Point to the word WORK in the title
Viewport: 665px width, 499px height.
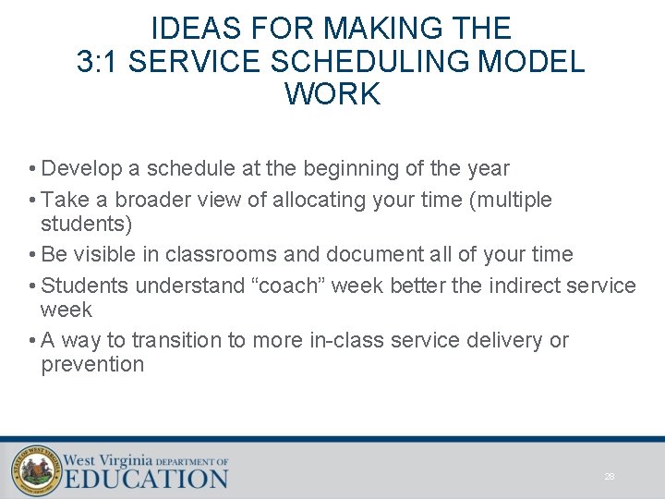click(x=332, y=94)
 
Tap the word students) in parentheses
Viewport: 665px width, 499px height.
click(x=87, y=224)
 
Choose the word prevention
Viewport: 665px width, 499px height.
click(x=92, y=364)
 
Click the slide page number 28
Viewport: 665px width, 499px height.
click(x=610, y=477)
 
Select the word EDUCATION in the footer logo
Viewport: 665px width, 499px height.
click(x=146, y=478)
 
